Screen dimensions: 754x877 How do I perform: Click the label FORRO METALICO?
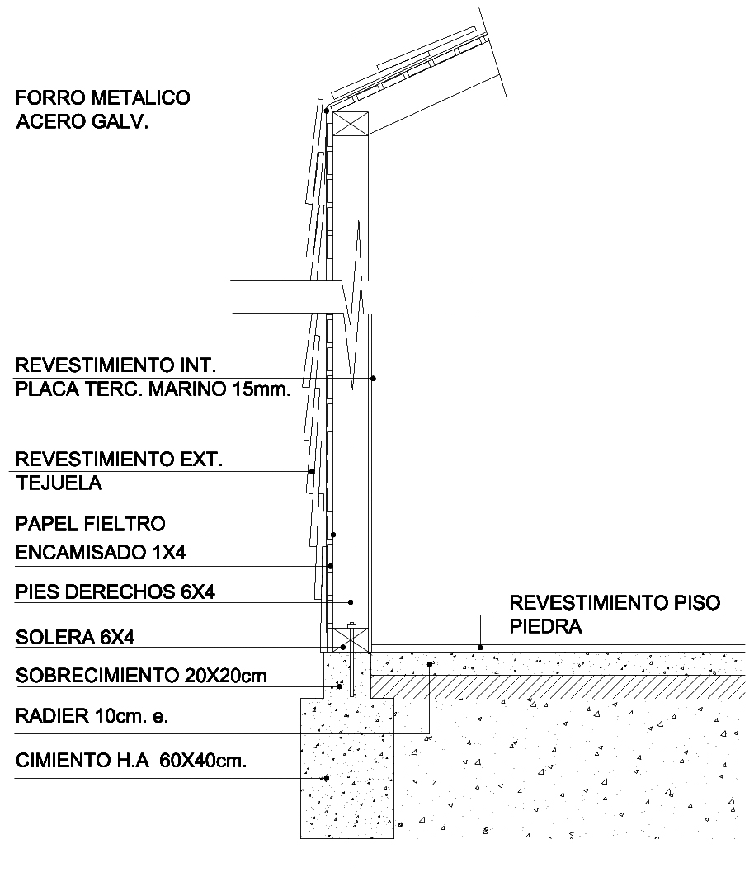point(103,98)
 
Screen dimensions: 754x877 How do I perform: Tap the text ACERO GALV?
point(82,121)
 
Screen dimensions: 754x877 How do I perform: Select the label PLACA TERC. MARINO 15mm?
point(153,389)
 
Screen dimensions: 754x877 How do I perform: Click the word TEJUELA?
point(59,483)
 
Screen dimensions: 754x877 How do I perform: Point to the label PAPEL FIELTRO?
point(91,524)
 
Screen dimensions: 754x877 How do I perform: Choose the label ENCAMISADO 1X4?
point(101,553)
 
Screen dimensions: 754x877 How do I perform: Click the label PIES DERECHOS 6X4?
point(115,592)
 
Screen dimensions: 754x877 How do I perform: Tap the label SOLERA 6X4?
point(75,638)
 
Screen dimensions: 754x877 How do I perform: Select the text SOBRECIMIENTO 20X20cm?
point(141,676)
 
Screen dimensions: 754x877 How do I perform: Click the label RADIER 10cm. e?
point(92,716)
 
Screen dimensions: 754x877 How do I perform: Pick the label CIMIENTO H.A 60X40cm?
point(131,761)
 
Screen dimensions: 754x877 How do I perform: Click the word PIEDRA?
point(545,626)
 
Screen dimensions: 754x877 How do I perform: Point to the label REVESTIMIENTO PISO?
point(615,603)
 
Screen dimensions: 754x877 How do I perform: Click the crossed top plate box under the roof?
point(351,123)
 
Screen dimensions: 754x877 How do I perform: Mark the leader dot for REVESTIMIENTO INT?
point(373,379)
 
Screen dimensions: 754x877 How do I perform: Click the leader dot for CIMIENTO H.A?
point(326,778)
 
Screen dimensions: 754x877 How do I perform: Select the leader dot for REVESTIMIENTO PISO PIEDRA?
point(480,648)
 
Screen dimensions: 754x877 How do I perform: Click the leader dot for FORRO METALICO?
point(327,111)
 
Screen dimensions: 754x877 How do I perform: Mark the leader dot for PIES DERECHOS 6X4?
point(351,602)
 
